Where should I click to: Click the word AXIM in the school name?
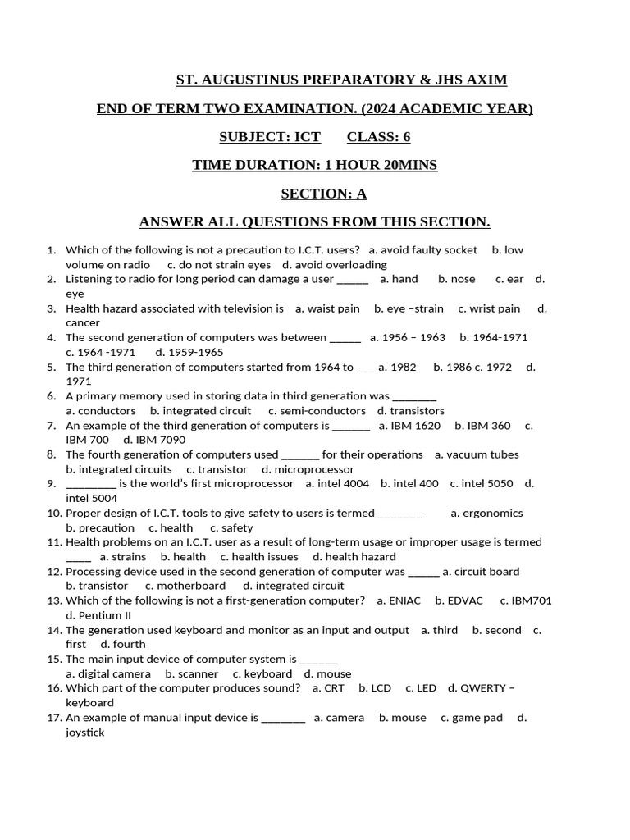point(486,80)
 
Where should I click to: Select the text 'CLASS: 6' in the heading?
point(378,137)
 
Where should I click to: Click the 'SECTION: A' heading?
point(323,194)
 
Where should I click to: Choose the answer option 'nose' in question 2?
point(463,279)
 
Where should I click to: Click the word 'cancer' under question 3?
point(83,323)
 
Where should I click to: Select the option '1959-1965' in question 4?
point(195,352)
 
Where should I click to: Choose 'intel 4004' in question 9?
point(344,484)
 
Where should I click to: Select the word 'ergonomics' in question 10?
point(493,514)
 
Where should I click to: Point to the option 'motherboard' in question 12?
point(191,586)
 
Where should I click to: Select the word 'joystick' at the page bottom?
point(85,733)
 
